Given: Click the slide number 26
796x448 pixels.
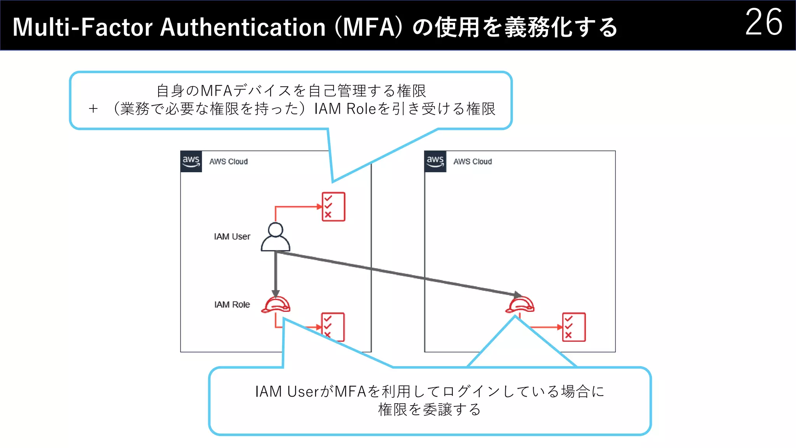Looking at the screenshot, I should click(x=763, y=23).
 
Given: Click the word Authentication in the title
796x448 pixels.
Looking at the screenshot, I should click(x=243, y=27).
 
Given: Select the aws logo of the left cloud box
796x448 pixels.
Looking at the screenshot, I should click(x=191, y=161).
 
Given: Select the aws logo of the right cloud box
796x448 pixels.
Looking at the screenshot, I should click(x=435, y=161).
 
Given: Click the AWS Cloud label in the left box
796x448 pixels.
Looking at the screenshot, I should click(x=228, y=161).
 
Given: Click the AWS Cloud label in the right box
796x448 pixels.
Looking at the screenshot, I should click(x=472, y=161).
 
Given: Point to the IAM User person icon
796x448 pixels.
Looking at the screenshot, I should click(x=276, y=237).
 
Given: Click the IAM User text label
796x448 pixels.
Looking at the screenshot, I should click(x=232, y=236).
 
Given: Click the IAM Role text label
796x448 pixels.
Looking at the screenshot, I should click(x=232, y=304).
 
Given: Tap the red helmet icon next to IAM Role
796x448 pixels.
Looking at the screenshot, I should click(x=276, y=304).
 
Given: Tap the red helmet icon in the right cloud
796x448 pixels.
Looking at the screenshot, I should click(x=520, y=304).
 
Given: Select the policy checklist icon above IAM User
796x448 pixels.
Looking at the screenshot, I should click(x=333, y=206).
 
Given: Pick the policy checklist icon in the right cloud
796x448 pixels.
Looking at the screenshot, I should click(x=574, y=327).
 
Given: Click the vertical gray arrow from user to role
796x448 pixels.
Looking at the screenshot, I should click(x=276, y=272).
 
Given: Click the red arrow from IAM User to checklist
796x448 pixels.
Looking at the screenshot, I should click(x=295, y=207).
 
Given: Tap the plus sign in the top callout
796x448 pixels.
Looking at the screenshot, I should click(x=93, y=108).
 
